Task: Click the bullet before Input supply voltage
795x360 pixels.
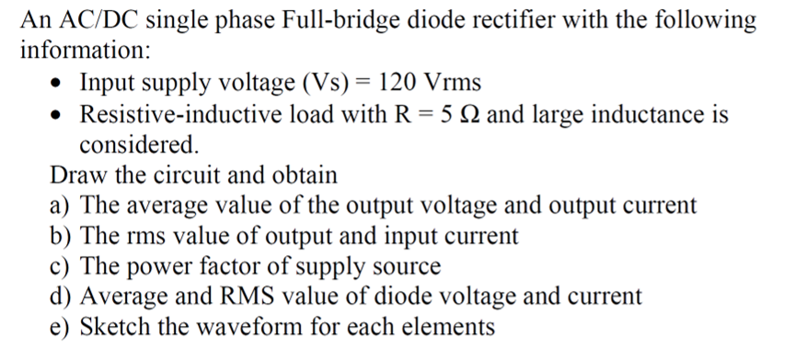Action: pyautogui.click(x=58, y=84)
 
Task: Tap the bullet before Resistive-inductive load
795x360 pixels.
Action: pyautogui.click(x=58, y=116)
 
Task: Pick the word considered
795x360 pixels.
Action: pyautogui.click(x=138, y=145)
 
